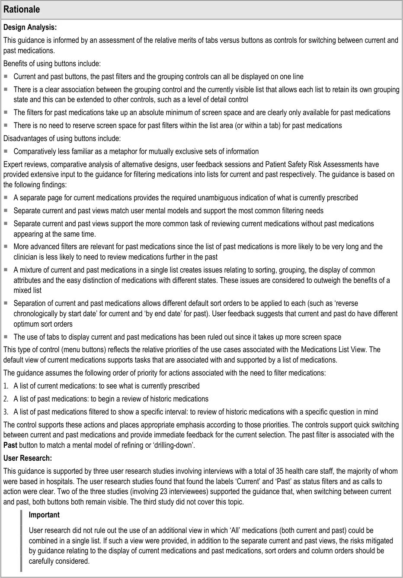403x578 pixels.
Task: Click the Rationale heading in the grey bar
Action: point(22,9)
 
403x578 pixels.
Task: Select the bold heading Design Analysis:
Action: point(30,27)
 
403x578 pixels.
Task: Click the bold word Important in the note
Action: point(44,515)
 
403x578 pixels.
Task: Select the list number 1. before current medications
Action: point(6,386)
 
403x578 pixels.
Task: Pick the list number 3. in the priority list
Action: point(6,412)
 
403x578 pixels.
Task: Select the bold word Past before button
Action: point(10,445)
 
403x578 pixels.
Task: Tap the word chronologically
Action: point(39,314)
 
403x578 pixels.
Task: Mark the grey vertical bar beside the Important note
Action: point(21,541)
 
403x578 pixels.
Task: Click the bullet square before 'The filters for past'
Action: point(6,112)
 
